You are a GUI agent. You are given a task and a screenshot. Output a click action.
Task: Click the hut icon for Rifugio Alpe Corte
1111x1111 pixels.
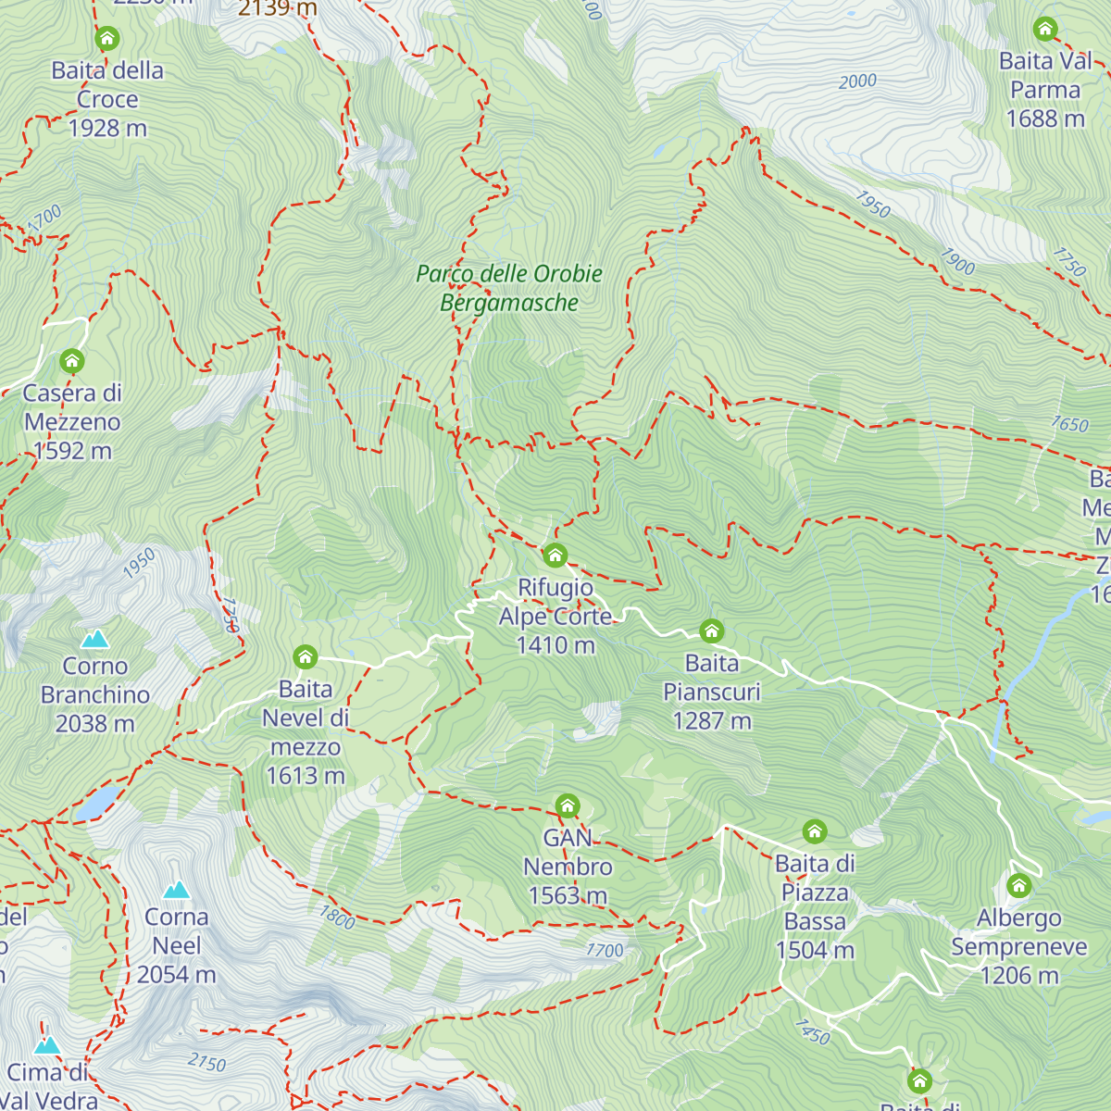(555, 555)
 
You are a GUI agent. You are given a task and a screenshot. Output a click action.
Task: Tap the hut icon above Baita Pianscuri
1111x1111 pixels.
(711, 631)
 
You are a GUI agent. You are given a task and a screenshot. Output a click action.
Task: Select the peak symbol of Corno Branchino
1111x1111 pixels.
(94, 639)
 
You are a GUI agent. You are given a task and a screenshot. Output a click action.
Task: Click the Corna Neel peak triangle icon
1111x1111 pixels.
(176, 890)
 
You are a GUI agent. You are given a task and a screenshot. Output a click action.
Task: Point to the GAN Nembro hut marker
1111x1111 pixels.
(568, 805)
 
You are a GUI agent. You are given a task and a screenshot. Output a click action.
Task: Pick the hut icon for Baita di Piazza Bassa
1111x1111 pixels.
(815, 830)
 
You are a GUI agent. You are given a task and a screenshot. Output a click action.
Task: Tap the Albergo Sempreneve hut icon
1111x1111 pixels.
(1018, 885)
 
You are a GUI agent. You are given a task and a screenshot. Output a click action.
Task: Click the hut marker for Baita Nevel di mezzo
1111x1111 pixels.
(306, 657)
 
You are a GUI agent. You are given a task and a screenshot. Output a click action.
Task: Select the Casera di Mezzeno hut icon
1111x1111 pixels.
(72, 361)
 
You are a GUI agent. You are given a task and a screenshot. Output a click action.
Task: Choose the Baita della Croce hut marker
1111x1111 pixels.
(107, 39)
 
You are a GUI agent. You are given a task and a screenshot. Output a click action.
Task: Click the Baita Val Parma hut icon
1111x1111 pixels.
(1045, 29)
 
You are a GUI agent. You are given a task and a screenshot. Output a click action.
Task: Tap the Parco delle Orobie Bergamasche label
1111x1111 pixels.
(509, 288)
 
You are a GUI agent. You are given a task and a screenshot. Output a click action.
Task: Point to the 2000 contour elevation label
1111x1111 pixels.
(857, 81)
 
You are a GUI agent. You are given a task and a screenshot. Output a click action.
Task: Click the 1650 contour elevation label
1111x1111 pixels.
(1069, 424)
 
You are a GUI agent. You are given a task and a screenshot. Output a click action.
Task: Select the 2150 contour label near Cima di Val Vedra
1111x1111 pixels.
(206, 1062)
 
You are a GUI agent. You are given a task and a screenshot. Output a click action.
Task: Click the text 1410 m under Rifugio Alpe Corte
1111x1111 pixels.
(555, 645)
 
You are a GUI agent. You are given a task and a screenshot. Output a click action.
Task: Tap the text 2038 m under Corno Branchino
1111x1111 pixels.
(94, 724)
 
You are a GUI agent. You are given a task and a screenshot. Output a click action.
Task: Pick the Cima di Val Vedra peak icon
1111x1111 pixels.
(46, 1045)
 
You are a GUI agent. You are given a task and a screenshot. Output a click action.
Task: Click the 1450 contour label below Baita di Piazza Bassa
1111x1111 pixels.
(812, 1031)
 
